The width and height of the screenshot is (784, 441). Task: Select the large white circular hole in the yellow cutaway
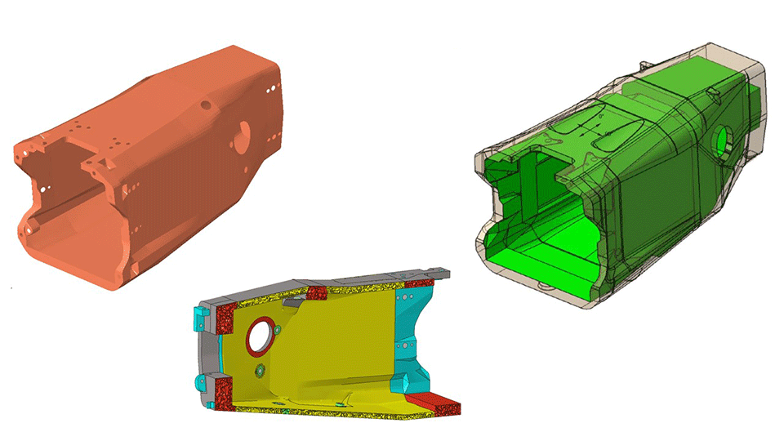(x=260, y=336)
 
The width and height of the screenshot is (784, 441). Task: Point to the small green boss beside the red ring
(x=280, y=330)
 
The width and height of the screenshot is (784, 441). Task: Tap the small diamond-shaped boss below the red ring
(x=260, y=371)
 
